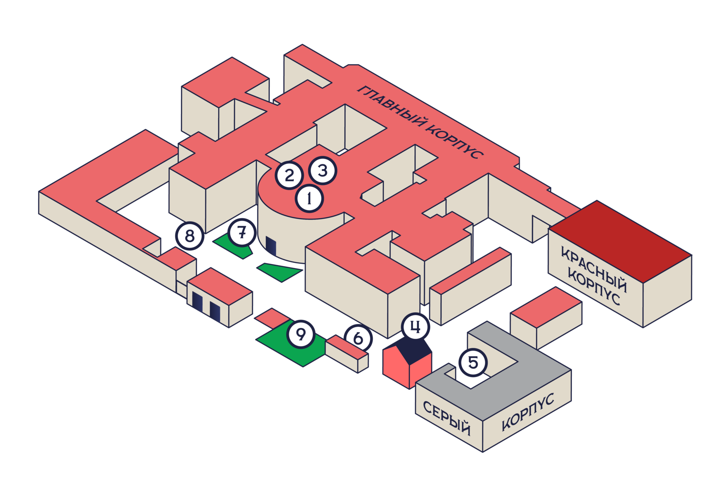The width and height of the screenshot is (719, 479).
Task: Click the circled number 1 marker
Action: (309, 198)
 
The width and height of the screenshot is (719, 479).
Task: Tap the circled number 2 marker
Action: (289, 175)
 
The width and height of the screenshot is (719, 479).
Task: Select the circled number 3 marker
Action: (323, 171)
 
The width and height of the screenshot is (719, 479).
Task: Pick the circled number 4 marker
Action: (415, 327)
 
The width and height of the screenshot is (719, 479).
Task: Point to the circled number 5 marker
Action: (473, 362)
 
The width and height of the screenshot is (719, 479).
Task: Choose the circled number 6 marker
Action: (358, 338)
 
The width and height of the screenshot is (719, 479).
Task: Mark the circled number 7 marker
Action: (242, 233)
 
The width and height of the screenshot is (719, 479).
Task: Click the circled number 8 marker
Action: (190, 235)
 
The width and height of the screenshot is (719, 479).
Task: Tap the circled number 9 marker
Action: (301, 334)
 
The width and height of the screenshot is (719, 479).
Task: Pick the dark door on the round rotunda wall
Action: (271, 246)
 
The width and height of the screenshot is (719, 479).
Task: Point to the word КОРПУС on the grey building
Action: (528, 412)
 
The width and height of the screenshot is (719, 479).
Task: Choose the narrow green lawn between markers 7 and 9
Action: (280, 272)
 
